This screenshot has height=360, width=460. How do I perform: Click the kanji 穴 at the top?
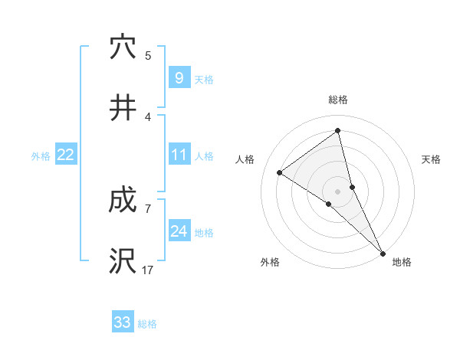pos(123,47)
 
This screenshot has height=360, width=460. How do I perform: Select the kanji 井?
pos(123,108)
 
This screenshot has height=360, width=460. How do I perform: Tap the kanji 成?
pos(123,201)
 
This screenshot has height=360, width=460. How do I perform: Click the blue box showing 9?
pos(179,77)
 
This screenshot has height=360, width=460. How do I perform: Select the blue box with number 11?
pos(179,155)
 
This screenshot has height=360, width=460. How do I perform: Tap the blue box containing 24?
pos(179,231)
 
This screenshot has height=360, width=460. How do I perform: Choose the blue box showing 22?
pos(66,155)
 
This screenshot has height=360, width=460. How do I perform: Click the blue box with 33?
pos(123,322)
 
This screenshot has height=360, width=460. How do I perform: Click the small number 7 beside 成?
pos(147,208)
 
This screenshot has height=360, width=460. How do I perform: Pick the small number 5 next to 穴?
pos(148,55)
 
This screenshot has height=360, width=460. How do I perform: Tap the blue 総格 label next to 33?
pos(148,324)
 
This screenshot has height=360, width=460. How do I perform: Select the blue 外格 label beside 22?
pos(41,155)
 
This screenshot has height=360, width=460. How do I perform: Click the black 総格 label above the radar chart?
pos(338,100)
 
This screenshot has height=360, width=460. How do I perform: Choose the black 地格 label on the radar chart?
pos(402,262)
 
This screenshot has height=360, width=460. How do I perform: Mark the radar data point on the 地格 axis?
pos(381,251)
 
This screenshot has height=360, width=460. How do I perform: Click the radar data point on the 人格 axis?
pos(280,172)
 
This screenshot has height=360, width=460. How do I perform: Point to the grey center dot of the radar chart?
pos(338,191)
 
